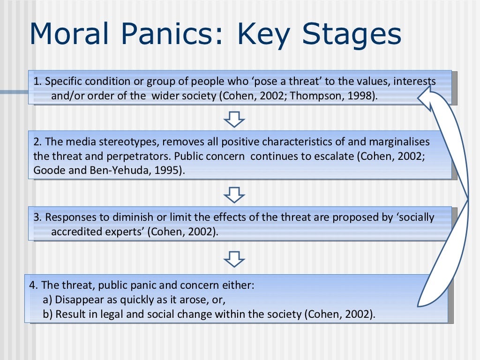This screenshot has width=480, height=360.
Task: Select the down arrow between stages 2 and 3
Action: point(234,194)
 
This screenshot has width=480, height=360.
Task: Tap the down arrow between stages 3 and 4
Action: point(234,257)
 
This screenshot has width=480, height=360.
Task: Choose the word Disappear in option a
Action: point(77,300)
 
